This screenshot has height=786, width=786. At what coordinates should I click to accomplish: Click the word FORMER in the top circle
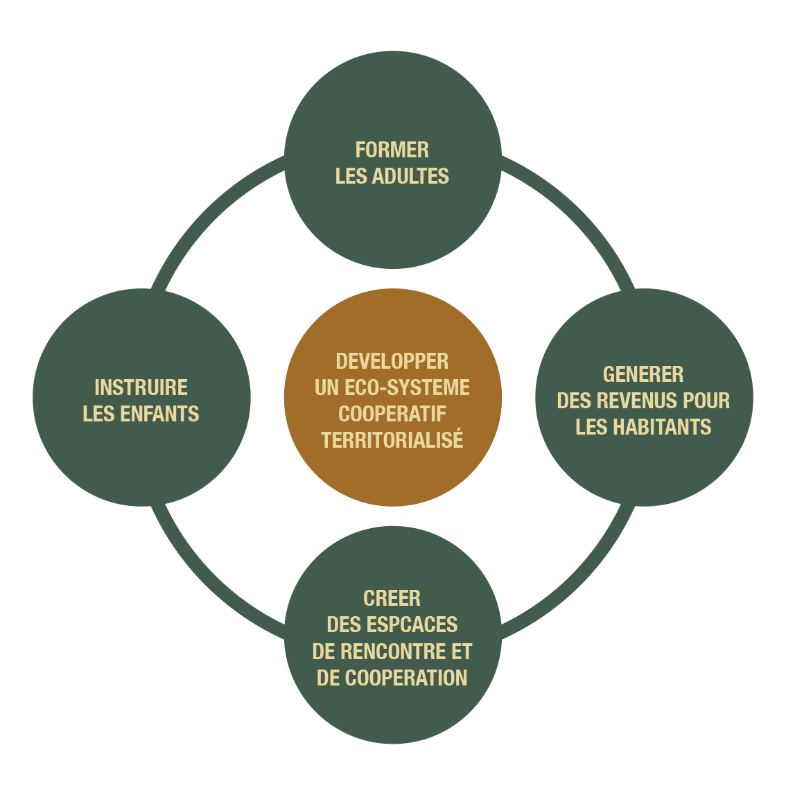tap(392, 150)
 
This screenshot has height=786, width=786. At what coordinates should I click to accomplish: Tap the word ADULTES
tap(410, 176)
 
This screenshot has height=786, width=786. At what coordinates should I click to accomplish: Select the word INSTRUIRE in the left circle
tap(141, 387)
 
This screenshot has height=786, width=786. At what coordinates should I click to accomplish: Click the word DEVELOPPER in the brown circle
tap(392, 361)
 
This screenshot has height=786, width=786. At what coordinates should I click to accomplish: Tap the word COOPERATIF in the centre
tap(392, 414)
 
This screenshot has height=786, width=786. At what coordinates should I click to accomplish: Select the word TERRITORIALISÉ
tap(392, 440)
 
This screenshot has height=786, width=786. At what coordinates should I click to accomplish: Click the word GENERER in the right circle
tap(643, 374)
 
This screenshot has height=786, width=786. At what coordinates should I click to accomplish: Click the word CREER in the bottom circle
tap(392, 598)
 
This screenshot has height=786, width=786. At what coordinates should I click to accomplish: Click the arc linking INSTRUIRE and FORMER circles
tap(208, 208)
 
